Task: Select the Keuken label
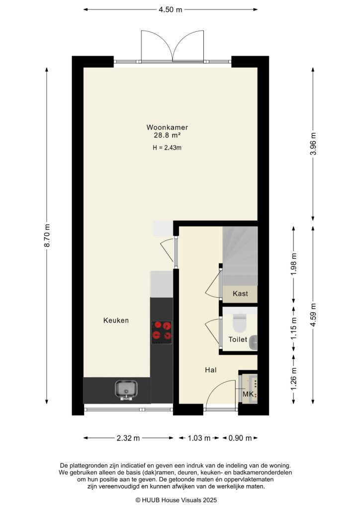(x=116, y=321)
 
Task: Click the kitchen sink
(x=126, y=389)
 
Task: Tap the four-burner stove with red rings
(x=162, y=331)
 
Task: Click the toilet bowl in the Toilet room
(x=239, y=323)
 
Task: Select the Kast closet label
(x=240, y=294)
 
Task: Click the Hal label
(x=210, y=370)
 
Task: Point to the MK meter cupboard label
(x=248, y=395)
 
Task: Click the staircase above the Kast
(x=240, y=255)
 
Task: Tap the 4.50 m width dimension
(x=170, y=9)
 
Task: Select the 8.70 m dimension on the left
(x=47, y=236)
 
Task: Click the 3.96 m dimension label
(x=313, y=145)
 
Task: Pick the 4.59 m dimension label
(x=313, y=314)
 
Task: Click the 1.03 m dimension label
(x=199, y=438)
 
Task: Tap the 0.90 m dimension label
(x=240, y=438)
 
